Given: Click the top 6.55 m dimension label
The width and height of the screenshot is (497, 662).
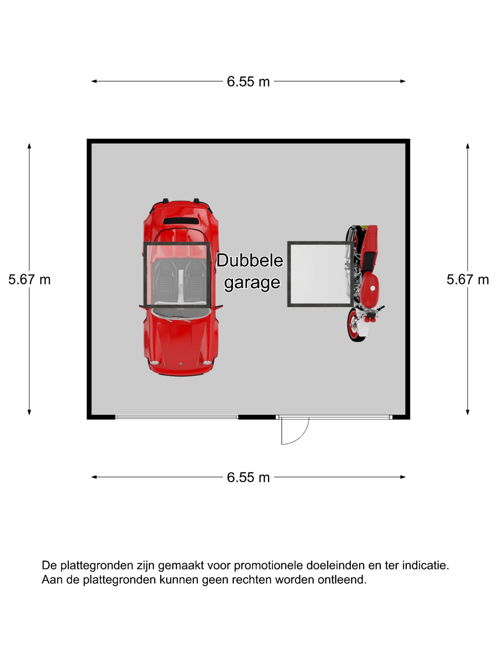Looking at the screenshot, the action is (x=248, y=82).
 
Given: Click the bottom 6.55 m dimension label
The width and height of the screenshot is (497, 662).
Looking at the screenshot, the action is (x=248, y=478).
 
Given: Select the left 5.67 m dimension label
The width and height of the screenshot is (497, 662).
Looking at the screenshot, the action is (x=30, y=280).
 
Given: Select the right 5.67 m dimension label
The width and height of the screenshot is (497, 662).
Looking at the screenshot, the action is (x=468, y=280).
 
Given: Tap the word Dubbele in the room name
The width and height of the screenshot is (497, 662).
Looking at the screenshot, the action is (x=250, y=260).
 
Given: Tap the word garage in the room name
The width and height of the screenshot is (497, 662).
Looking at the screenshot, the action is (x=252, y=283).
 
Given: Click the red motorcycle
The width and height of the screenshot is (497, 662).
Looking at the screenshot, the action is (x=364, y=283).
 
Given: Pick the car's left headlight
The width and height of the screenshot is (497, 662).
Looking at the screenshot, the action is (x=154, y=363).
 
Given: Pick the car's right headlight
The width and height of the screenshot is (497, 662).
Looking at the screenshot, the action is (x=207, y=363).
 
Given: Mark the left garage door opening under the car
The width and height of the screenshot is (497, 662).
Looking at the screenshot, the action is (x=177, y=417).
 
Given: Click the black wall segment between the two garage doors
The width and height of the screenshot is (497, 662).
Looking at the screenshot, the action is (x=257, y=417).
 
